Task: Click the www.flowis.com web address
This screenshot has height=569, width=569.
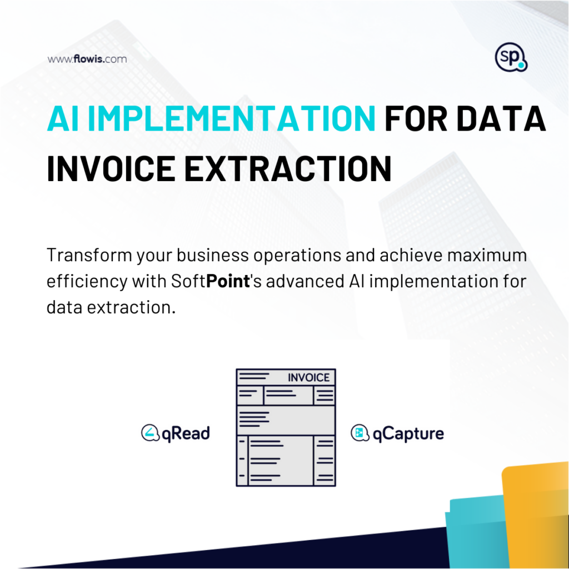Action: pyautogui.click(x=87, y=59)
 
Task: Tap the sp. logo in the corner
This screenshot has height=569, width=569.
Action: pyautogui.click(x=511, y=57)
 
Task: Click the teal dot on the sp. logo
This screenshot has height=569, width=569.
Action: pyautogui.click(x=521, y=66)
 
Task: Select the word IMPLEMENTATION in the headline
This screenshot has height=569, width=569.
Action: pyautogui.click(x=231, y=119)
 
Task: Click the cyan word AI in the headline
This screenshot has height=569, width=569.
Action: pyautogui.click(x=63, y=119)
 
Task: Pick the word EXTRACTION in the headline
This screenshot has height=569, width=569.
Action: pyautogui.click(x=288, y=169)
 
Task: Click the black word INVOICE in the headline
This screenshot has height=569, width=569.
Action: pyautogui.click(x=111, y=169)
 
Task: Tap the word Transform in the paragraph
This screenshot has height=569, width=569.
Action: pyautogui.click(x=89, y=255)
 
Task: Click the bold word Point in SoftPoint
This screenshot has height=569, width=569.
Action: pyautogui.click(x=228, y=281)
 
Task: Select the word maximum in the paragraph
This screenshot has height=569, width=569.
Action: pyautogui.click(x=487, y=255)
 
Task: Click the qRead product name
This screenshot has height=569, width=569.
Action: pyautogui.click(x=186, y=433)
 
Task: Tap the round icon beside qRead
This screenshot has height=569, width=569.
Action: pyautogui.click(x=150, y=432)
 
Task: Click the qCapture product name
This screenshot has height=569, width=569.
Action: pyautogui.click(x=408, y=433)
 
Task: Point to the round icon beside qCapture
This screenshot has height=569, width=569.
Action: pyautogui.click(x=360, y=432)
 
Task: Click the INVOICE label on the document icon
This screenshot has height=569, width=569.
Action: pyautogui.click(x=308, y=378)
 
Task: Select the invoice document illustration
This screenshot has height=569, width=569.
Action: pyautogui.click(x=286, y=427)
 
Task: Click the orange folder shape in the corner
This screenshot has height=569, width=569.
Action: pyautogui.click(x=536, y=515)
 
